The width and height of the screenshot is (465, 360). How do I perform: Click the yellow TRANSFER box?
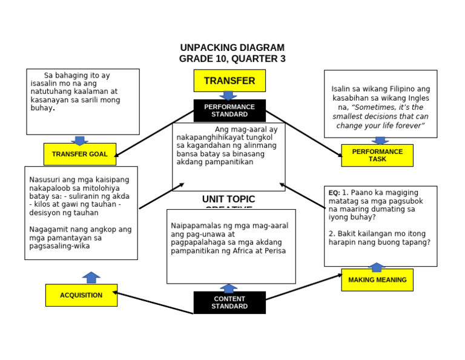click(x=229, y=81)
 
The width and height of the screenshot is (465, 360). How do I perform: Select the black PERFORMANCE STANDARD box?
click(x=229, y=110)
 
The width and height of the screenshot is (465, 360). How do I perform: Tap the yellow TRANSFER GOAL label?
click(x=79, y=154)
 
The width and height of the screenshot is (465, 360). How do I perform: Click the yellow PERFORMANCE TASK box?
click(x=377, y=155)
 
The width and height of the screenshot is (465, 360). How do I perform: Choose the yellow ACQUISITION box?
click(x=81, y=295)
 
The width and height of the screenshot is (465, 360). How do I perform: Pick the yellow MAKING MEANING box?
click(x=377, y=280)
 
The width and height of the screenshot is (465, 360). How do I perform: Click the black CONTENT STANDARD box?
click(x=229, y=302)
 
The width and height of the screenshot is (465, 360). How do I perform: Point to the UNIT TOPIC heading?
click(x=228, y=199)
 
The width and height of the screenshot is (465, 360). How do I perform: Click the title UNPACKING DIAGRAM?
click(x=232, y=48)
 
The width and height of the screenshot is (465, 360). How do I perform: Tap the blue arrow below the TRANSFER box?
click(x=228, y=96)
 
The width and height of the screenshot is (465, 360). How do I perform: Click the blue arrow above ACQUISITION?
click(x=91, y=278)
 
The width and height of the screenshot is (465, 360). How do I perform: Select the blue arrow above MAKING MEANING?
click(x=377, y=267)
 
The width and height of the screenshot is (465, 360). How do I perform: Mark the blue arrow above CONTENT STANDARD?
click(x=228, y=288)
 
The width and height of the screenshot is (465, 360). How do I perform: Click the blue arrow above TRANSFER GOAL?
click(x=80, y=140)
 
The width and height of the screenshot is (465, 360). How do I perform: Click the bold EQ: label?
click(x=334, y=193)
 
